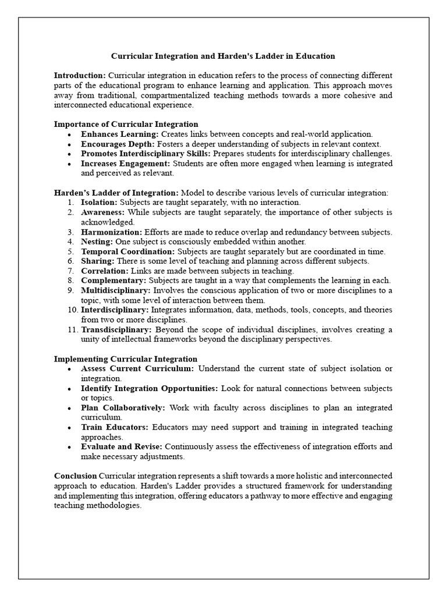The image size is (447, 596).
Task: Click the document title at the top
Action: click(223, 56)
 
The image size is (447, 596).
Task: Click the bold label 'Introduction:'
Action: click(80, 76)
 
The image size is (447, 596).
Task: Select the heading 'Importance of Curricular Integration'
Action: click(126, 124)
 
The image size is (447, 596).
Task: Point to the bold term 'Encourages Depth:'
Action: click(118, 144)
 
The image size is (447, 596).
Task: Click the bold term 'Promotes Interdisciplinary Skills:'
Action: click(146, 154)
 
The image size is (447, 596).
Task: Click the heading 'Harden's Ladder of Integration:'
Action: click(116, 193)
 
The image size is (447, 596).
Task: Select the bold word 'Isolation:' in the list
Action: click(99, 203)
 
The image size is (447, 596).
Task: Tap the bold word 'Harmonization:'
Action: click(111, 232)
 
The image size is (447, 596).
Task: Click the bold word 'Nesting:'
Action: click(97, 242)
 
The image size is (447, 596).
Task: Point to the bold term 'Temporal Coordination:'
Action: click(127, 251)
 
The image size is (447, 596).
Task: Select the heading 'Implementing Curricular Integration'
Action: click(125, 359)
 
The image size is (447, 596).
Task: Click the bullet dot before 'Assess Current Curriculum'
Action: click(69, 369)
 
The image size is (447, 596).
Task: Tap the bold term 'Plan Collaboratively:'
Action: click(123, 407)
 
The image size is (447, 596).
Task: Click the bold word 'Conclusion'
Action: click(75, 476)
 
